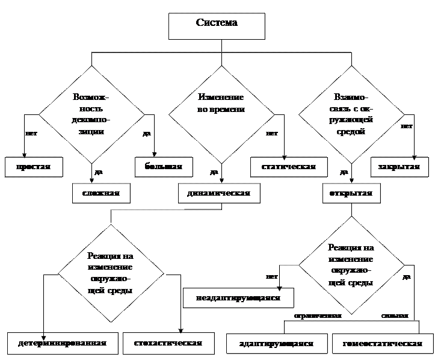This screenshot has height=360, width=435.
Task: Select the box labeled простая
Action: (34, 167)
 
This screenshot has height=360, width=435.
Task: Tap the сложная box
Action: (100, 193)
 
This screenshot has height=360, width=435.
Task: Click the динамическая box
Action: (214, 193)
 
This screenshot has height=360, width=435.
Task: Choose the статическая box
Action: (289, 167)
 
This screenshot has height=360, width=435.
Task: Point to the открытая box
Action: (351, 193)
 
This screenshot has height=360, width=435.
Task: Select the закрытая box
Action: (399, 167)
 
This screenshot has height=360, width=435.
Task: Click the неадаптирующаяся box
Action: (238, 298)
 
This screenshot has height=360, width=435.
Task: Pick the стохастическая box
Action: (162, 343)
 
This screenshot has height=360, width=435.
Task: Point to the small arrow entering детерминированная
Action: (44, 334)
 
